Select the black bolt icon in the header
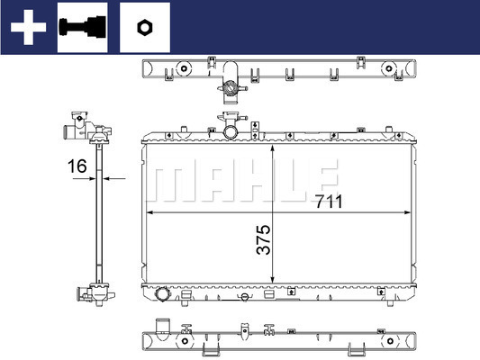pyautogui.click(x=82, y=26)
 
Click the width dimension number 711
pyautogui.click(x=328, y=202)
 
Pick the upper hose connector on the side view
pyautogui.click(x=74, y=133)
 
